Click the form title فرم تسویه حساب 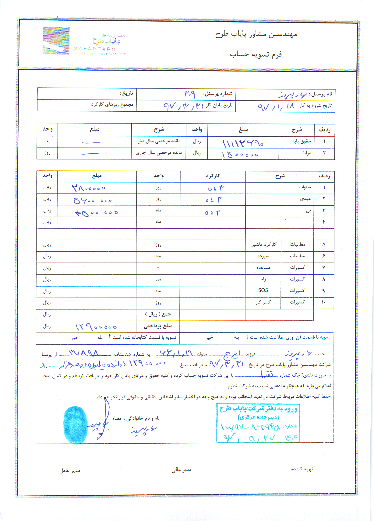[x=256, y=54]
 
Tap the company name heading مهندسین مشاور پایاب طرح [x=256, y=34]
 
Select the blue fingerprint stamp [x=75, y=424]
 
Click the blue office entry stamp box [x=258, y=423]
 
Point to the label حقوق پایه [x=302, y=141]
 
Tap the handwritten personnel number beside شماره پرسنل [x=189, y=94]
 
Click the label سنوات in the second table [x=305, y=187]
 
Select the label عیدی [x=305, y=199]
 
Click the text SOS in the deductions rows [x=263, y=290]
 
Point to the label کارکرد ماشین [x=263, y=244]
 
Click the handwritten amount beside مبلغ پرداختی [x=96, y=327]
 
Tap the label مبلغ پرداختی [x=158, y=326]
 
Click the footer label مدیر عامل [x=70, y=470]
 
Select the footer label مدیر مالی [x=182, y=470]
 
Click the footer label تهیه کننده [x=302, y=469]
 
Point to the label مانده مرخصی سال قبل [x=159, y=141]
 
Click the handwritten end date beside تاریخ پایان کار [x=183, y=106]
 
